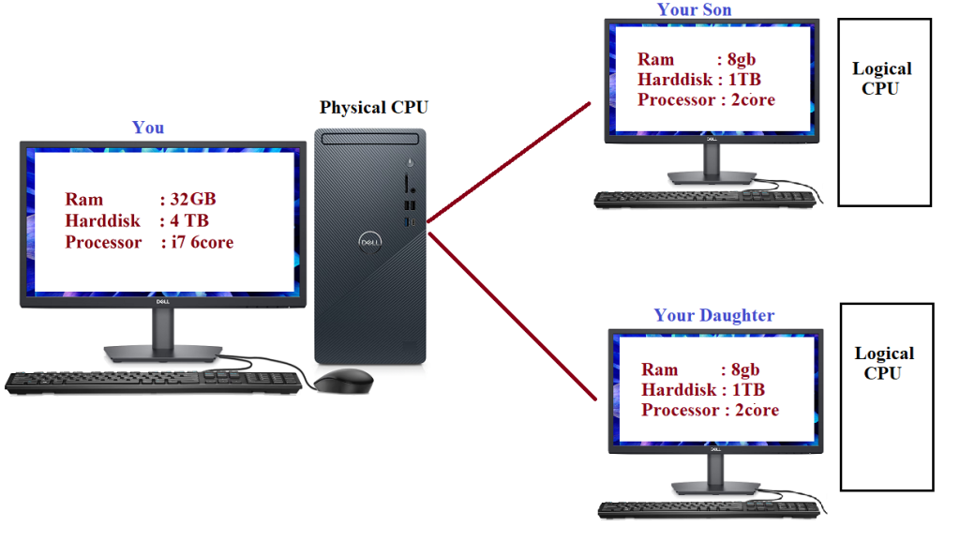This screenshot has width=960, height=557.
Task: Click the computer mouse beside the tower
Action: [342, 380]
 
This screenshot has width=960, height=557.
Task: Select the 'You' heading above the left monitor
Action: [148, 128]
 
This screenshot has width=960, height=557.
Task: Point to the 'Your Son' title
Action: [694, 10]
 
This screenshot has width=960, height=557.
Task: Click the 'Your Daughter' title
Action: [714, 315]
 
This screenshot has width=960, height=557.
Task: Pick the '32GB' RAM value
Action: [193, 200]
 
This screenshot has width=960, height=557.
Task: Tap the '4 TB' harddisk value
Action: [188, 221]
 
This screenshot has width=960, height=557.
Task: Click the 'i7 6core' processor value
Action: [202, 243]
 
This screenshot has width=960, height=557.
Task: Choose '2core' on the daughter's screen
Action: [757, 411]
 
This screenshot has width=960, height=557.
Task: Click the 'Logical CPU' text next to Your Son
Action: [881, 79]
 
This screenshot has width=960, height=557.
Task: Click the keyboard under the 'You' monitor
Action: [155, 381]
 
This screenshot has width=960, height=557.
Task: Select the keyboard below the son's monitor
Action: [706, 199]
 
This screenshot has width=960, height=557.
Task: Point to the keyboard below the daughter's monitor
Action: [710, 509]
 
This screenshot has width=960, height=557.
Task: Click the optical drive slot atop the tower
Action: [369, 139]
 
